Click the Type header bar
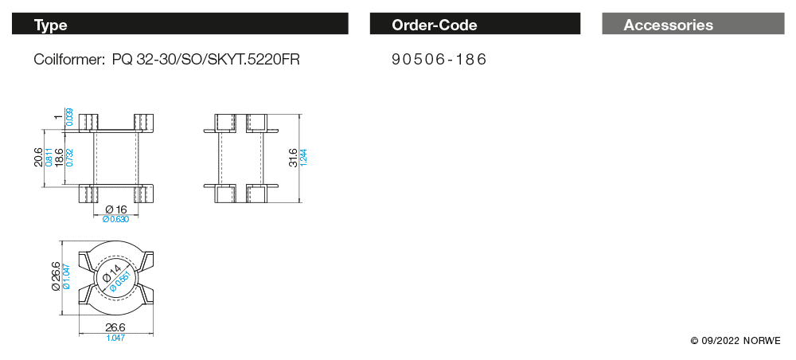coord(180,24)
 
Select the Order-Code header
coord(474,24)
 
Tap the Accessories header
coord(693,24)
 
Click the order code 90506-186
coord(439,60)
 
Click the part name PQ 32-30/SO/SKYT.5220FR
coord(206,60)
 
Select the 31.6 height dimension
coord(294,158)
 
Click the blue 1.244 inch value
coord(304,158)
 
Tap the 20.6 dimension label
coord(39,158)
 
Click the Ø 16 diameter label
coord(115,209)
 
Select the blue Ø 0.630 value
coord(115,219)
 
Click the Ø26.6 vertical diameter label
coord(56,276)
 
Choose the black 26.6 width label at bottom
coord(115,328)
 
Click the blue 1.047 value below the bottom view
coord(115,338)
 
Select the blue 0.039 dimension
coord(69,117)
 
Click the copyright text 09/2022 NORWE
coord(736,341)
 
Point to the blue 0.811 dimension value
coord(49,158)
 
